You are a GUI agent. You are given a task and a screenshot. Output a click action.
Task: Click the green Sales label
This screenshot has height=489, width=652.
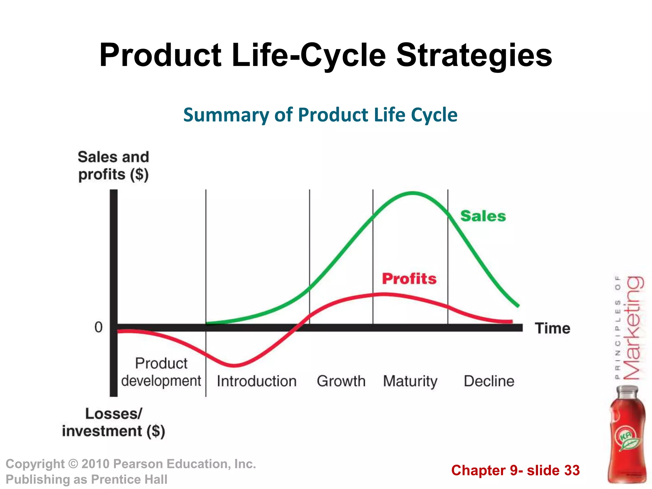tap(483, 216)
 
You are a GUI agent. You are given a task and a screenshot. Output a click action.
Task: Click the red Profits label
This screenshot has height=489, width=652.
tap(409, 279)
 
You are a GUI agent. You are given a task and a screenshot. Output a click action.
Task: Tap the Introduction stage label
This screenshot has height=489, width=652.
tap(257, 381)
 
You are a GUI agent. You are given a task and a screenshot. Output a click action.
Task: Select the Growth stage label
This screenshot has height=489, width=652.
tap(341, 381)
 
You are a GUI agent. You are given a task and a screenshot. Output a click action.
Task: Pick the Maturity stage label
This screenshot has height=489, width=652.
tap(410, 381)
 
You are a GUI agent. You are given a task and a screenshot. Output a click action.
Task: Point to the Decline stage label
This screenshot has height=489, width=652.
tap(489, 381)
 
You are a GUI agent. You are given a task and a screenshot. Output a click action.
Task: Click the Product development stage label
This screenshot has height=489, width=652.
tap(161, 372)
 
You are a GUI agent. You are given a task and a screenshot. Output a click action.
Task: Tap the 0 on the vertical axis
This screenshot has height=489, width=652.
tap(99, 327)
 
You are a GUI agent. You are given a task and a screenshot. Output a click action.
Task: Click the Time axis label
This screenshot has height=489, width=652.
tap(552, 328)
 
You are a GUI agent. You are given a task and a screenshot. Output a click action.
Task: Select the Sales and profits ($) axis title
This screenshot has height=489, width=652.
tap(113, 166)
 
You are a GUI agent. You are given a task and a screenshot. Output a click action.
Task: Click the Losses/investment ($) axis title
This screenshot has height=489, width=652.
tap(113, 422)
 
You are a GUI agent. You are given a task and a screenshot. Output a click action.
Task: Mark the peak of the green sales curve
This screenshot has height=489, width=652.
tap(413, 193)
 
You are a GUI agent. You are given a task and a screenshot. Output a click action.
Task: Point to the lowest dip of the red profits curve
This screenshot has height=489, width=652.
tap(234, 365)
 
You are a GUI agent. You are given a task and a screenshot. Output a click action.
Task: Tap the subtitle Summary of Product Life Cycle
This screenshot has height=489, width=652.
tap(320, 115)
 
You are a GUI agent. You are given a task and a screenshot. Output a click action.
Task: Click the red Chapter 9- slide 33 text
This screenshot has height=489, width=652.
tap(515, 470)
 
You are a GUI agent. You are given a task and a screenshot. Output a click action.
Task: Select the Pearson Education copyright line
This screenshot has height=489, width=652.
tap(131, 464)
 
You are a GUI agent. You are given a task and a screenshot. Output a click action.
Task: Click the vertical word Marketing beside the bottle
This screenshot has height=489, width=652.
tap(633, 328)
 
